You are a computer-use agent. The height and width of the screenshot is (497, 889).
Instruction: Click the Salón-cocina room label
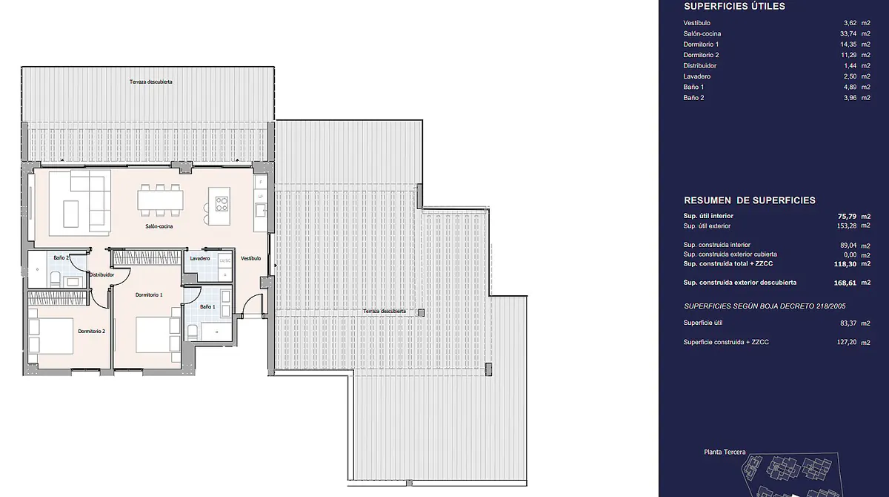pyautogui.click(x=159, y=226)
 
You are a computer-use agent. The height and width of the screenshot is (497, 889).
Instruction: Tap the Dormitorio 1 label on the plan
pyautogui.click(x=149, y=294)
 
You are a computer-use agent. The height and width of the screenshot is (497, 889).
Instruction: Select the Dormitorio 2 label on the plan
pyautogui.click(x=92, y=332)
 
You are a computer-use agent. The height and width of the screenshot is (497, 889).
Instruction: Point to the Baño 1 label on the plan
pyautogui.click(x=207, y=306)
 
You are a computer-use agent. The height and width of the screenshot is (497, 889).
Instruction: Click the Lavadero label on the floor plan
pyautogui.click(x=200, y=258)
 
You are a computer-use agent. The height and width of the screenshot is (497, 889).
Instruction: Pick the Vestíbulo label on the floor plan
pyautogui.click(x=251, y=258)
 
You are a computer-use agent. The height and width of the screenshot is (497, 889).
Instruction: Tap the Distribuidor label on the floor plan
pyautogui.click(x=101, y=274)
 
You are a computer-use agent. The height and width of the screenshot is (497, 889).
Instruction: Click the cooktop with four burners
pyautogui.click(x=222, y=205)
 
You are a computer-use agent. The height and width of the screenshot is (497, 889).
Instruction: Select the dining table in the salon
pyautogui.click(x=161, y=200)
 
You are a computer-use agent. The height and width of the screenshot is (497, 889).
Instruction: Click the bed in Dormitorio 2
pyautogui.click(x=51, y=336)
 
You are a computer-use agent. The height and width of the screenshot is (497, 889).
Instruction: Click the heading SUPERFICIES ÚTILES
pyautogui.click(x=735, y=7)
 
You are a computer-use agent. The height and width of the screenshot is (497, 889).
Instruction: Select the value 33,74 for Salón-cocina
pyautogui.click(x=848, y=34)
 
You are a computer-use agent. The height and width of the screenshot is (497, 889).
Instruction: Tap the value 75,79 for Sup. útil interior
pyautogui.click(x=847, y=217)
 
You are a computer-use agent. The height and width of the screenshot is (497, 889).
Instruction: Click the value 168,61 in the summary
pyautogui.click(x=845, y=283)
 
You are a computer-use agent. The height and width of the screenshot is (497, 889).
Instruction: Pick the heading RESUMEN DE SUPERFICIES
pyautogui.click(x=750, y=200)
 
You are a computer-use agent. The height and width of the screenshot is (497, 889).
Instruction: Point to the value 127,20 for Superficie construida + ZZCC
pyautogui.click(x=847, y=342)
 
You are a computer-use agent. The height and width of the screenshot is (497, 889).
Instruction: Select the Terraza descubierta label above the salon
pyautogui.click(x=151, y=82)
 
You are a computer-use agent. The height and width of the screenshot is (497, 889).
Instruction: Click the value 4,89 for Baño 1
pyautogui.click(x=850, y=87)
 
